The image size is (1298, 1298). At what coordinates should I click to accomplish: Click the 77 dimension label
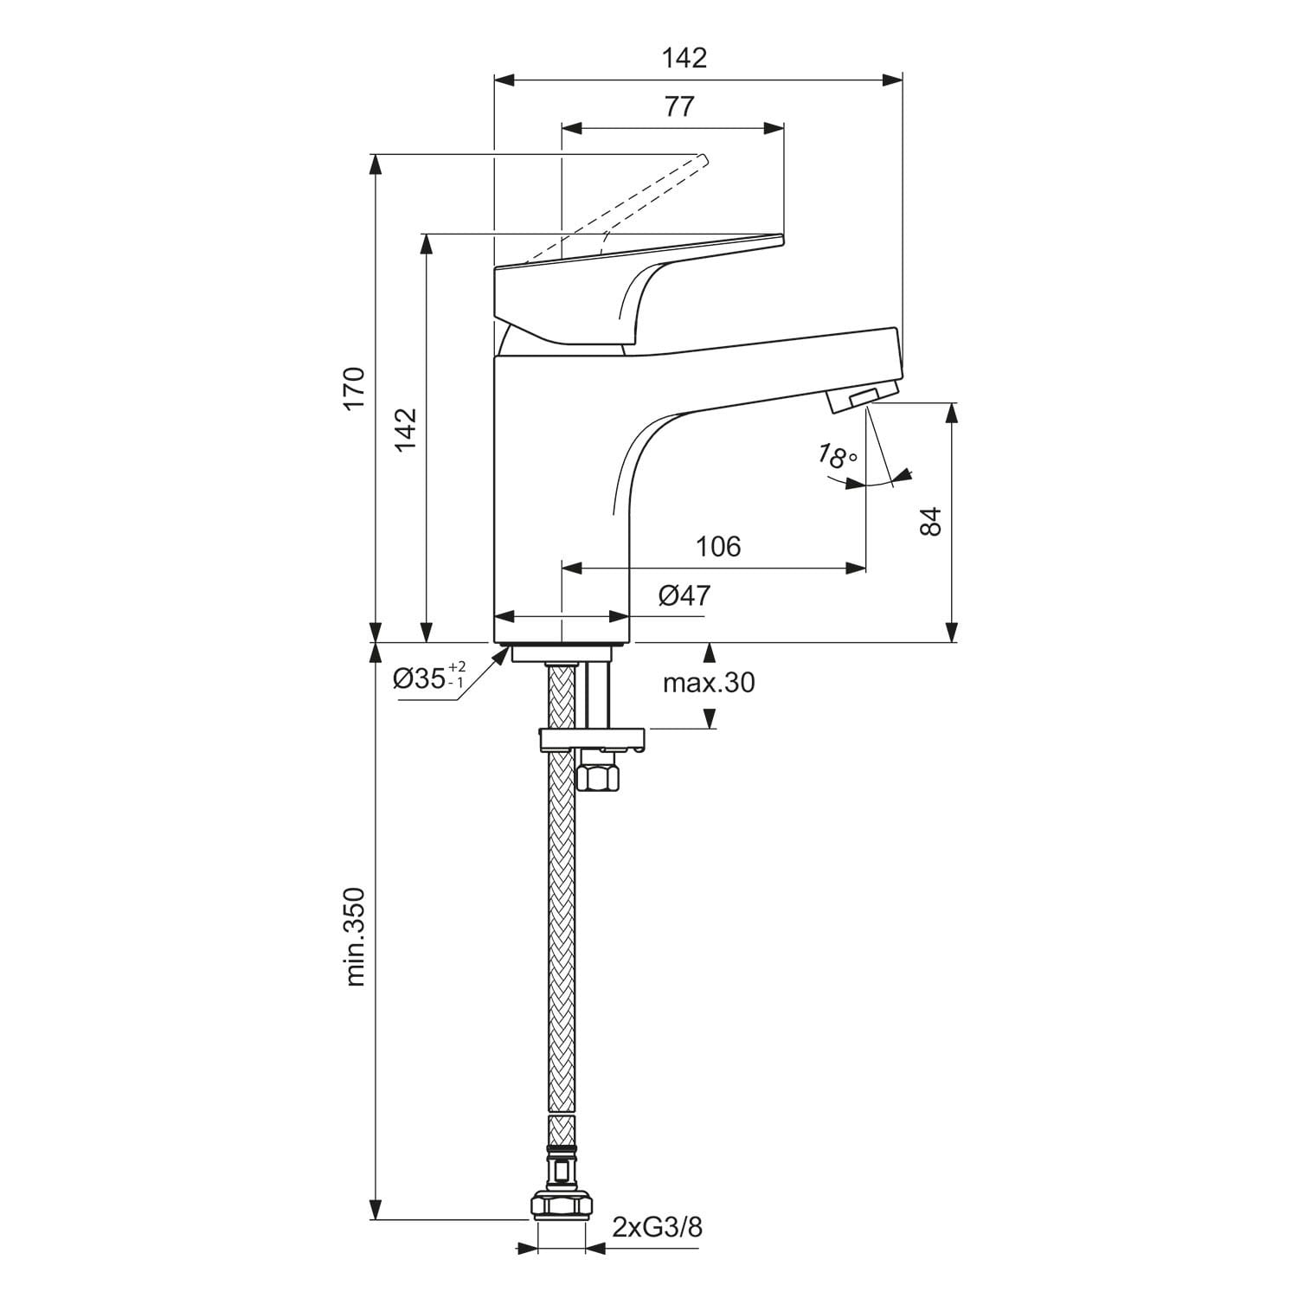coord(679,106)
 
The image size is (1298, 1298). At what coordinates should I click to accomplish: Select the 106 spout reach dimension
coord(718,546)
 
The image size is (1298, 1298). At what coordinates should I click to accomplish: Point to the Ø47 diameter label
coord(684,595)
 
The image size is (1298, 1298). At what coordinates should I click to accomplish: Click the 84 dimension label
coord(929,522)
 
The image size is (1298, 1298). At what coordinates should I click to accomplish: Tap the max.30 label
coord(709,683)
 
